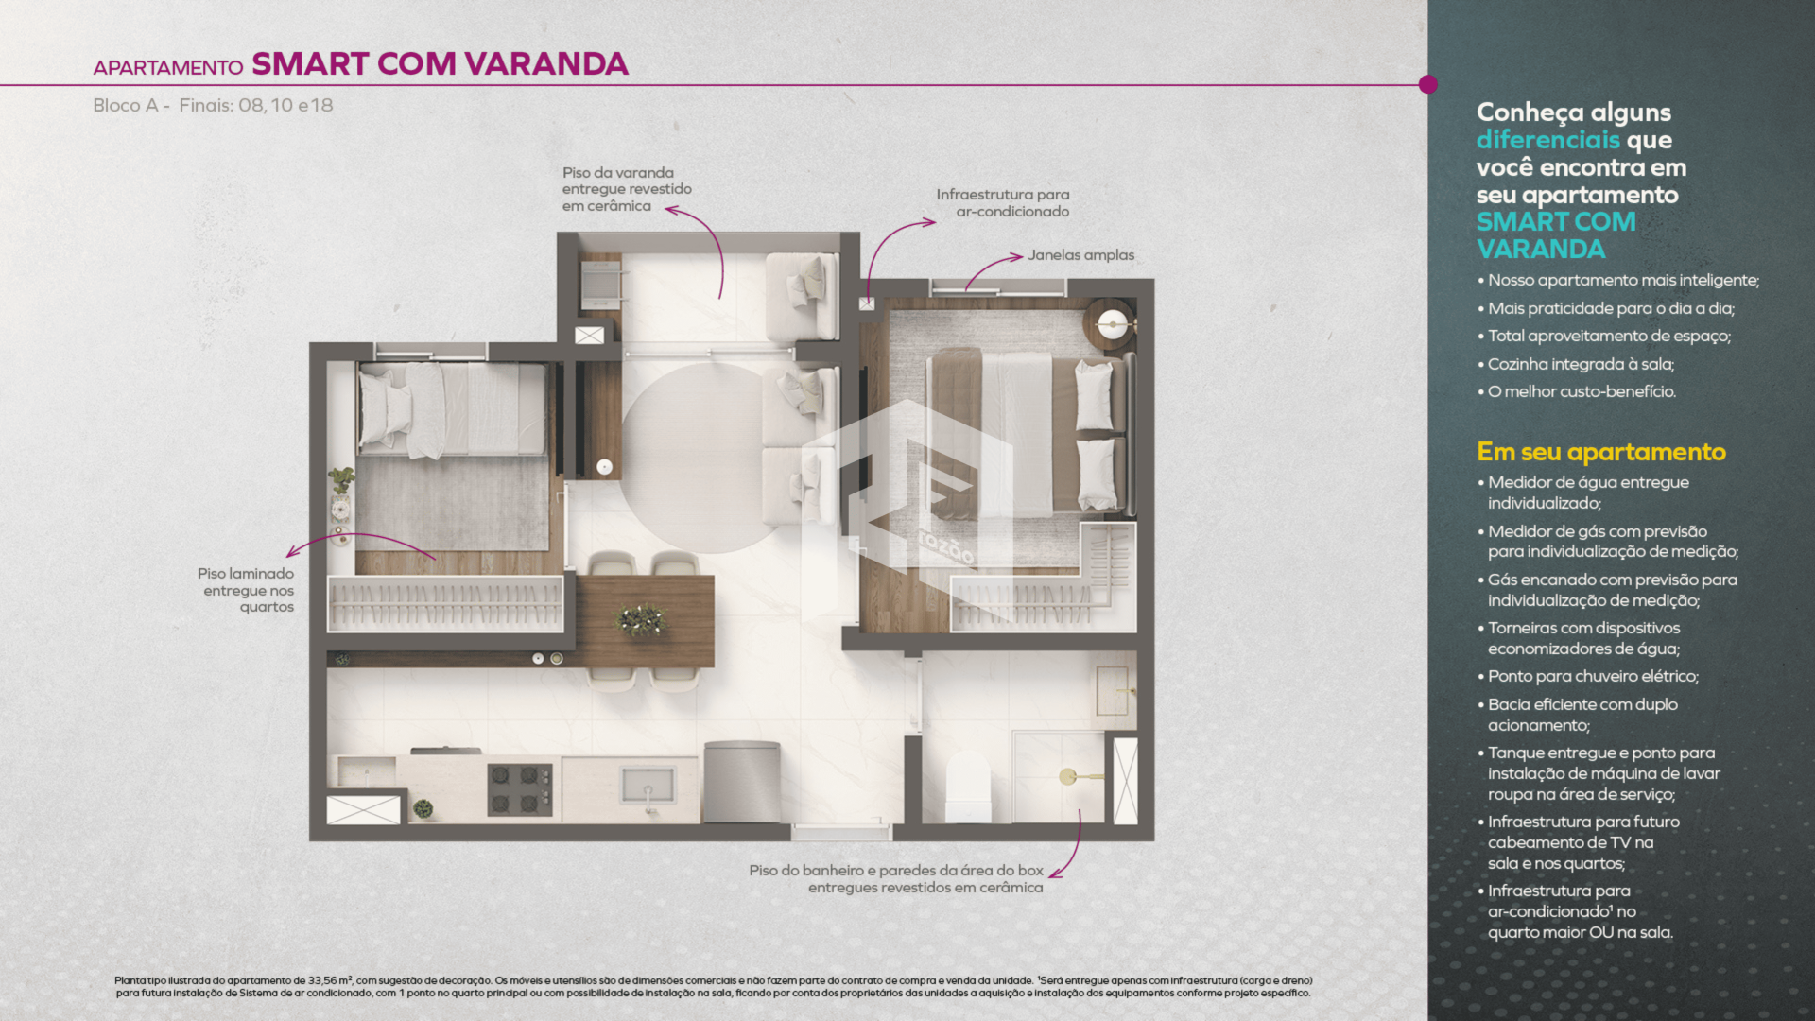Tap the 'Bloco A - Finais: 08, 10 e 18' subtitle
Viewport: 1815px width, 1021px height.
pyautogui.click(x=213, y=105)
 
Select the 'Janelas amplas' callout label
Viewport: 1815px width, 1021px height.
pyautogui.click(x=1080, y=255)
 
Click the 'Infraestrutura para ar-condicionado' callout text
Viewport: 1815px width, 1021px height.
pyautogui.click(x=1003, y=202)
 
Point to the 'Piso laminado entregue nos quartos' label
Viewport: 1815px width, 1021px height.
pyautogui.click(x=246, y=590)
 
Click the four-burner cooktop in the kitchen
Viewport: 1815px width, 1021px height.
pyautogui.click(x=519, y=789)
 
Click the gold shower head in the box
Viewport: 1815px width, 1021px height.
pyautogui.click(x=1068, y=776)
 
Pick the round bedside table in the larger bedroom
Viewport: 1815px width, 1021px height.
pyautogui.click(x=1110, y=325)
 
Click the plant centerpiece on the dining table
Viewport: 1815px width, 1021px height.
pyautogui.click(x=642, y=620)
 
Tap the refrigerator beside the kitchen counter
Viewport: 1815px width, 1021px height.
pyautogui.click(x=742, y=783)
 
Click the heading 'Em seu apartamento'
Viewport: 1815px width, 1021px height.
pyautogui.click(x=1601, y=452)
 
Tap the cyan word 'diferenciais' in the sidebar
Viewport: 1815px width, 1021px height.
pyautogui.click(x=1548, y=140)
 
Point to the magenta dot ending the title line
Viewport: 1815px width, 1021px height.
pyautogui.click(x=1428, y=84)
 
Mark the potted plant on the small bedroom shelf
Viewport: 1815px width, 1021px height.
pyautogui.click(x=341, y=480)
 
